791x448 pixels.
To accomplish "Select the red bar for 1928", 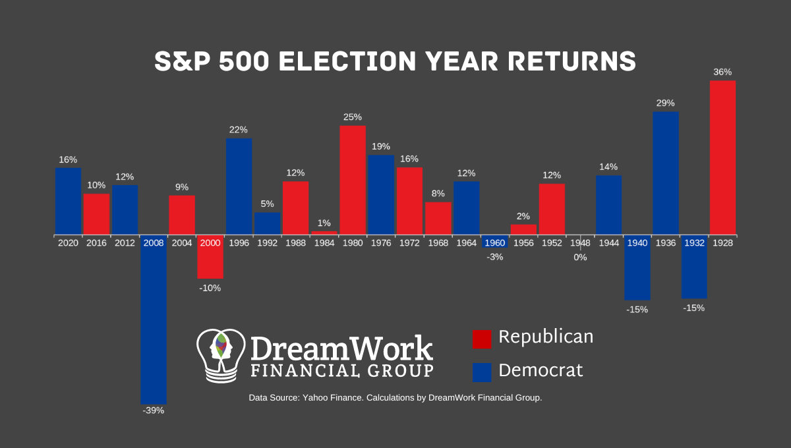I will point(722,157).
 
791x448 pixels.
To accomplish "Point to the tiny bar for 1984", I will point(324,233).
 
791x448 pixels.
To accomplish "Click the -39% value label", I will point(154,410).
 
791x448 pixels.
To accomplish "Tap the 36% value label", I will point(722,72).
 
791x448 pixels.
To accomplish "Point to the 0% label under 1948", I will point(580,258).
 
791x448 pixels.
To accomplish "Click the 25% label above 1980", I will point(353,117).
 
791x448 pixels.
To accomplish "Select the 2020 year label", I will point(68,243).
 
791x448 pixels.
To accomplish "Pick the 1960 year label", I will point(495,243).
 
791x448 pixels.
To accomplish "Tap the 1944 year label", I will point(608,243).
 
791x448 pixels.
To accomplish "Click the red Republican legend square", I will point(482,339).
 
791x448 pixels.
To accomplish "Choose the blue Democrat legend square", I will point(482,372).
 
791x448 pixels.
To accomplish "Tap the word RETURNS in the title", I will point(566,61).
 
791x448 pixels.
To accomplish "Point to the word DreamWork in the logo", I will point(341,348).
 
